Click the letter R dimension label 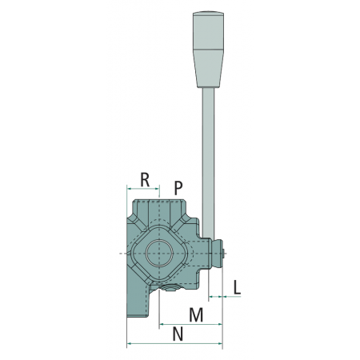(x=145, y=180)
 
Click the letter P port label (x=178, y=188)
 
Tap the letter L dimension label (x=237, y=287)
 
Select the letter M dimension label (x=196, y=314)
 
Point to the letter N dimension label (x=178, y=334)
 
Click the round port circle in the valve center (x=159, y=253)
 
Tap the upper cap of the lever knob (x=208, y=30)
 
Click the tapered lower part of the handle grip (x=208, y=69)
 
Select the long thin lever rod (x=208, y=163)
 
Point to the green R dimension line (x=143, y=189)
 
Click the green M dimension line (x=190, y=324)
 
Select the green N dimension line (x=174, y=343)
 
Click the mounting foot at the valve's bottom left (x=138, y=302)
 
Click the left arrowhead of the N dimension (x=130, y=343)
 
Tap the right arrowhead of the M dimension (x=220, y=324)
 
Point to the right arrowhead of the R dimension (x=158, y=189)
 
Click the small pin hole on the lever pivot (x=222, y=254)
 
